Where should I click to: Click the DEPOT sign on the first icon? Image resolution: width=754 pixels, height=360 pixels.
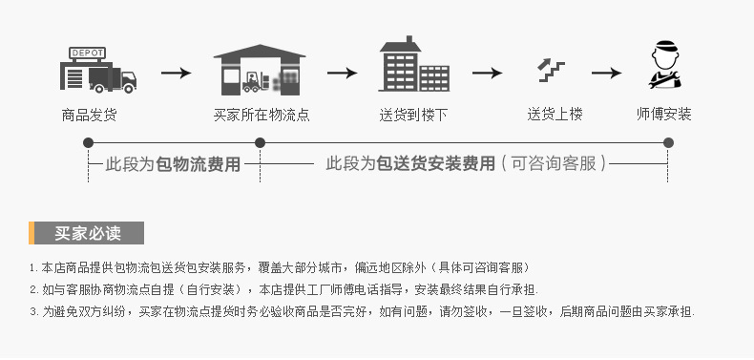point(88,53)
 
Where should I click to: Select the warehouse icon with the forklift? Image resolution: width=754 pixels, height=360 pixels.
point(259,70)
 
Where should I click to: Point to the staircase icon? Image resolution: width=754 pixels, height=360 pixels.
point(551,70)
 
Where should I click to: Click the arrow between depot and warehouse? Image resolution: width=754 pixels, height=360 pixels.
point(176,73)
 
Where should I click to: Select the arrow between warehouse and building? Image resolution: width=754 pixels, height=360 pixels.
point(342,73)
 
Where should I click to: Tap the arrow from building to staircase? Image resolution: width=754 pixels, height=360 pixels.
point(487,73)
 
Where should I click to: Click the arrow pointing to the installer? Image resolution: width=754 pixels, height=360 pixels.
point(607,73)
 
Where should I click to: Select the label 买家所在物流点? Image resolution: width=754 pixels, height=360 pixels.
point(261,115)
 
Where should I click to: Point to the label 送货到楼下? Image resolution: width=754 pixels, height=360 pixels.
point(413,115)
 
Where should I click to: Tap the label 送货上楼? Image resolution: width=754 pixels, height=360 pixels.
point(555,115)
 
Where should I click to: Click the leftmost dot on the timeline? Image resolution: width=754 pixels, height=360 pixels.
point(88,142)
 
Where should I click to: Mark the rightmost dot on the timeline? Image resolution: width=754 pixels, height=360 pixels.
point(668,142)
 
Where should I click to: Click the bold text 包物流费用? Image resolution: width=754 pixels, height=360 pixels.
point(198,164)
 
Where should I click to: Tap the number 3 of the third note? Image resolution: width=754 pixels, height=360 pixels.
point(33,311)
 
